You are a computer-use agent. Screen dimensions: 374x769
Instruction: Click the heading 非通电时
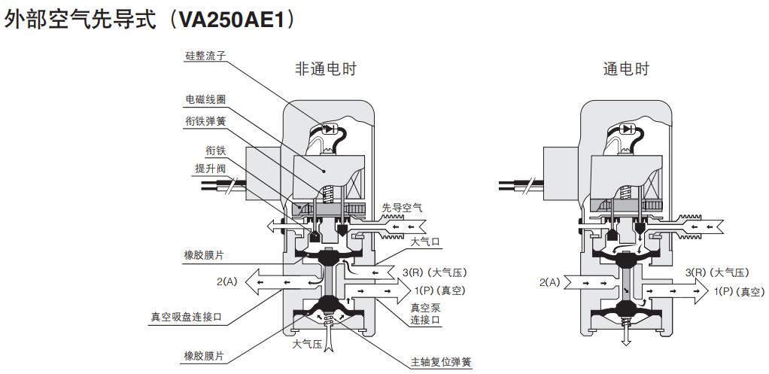[325, 69]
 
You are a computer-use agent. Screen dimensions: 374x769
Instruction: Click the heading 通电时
[625, 69]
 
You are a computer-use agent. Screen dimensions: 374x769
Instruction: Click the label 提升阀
[211, 169]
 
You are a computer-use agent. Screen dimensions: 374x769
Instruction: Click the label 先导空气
[403, 208]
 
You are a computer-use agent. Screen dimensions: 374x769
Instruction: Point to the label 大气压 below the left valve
[307, 345]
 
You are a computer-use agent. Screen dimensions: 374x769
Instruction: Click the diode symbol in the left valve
[329, 129]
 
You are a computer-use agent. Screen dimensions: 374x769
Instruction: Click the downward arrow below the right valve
[625, 339]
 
